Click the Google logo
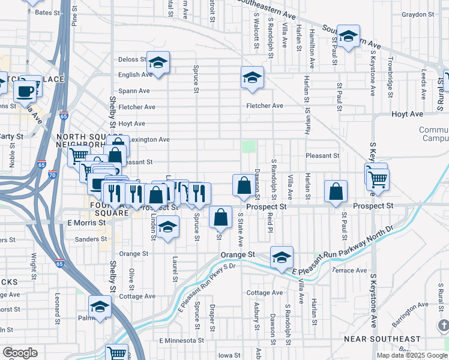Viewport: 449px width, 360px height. (x=19, y=353)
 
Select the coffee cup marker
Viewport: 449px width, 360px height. (x=25, y=91)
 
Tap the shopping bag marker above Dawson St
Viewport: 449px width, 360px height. (x=244, y=186)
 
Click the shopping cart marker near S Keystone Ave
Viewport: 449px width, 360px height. (x=378, y=179)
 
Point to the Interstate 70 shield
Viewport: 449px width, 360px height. (x=53, y=175)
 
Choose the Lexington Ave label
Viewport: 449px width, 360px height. (x=150, y=140)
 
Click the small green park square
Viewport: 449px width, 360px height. (x=249, y=146)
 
